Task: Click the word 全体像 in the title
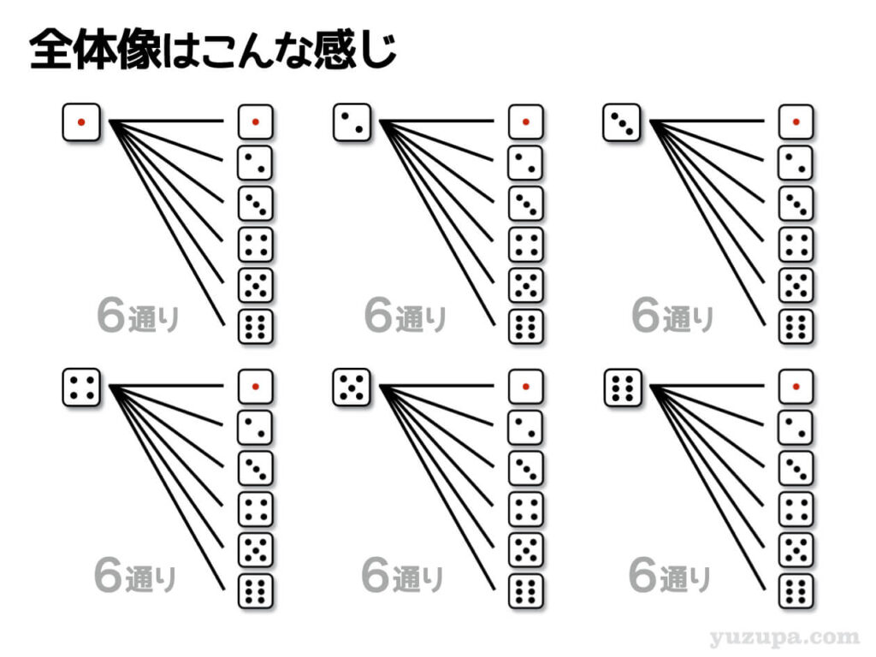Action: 94,50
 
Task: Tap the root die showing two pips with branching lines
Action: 352,122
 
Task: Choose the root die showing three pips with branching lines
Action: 622,122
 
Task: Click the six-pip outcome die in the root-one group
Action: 255,327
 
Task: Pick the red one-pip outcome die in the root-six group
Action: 796,386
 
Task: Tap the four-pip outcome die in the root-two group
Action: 525,245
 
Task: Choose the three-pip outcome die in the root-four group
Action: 255,468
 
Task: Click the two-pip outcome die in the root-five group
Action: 525,427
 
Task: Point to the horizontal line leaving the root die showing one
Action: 171,121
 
